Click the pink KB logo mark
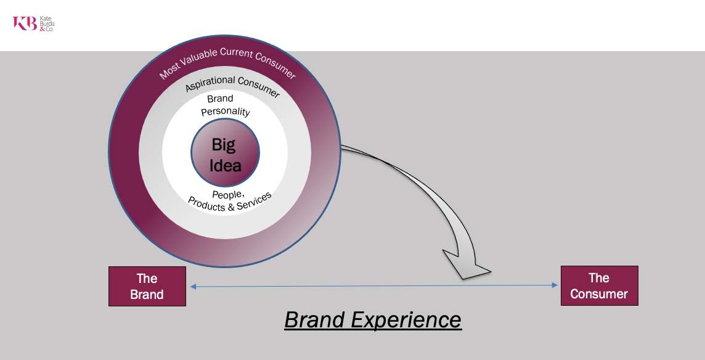tap(25, 23)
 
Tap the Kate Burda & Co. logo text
tap(47, 24)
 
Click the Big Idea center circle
tap(226, 152)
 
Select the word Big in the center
tap(224, 145)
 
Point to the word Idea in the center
tap(226, 166)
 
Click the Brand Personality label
tap(226, 105)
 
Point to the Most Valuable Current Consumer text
tap(227, 61)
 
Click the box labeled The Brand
tap(147, 286)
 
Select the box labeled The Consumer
tap(600, 286)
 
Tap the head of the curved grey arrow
tap(465, 266)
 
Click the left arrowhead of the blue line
tap(193, 286)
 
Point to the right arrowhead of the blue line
tap(555, 285)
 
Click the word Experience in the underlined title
tap(406, 321)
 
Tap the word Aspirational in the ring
tap(209, 83)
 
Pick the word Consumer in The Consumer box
tap(599, 294)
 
